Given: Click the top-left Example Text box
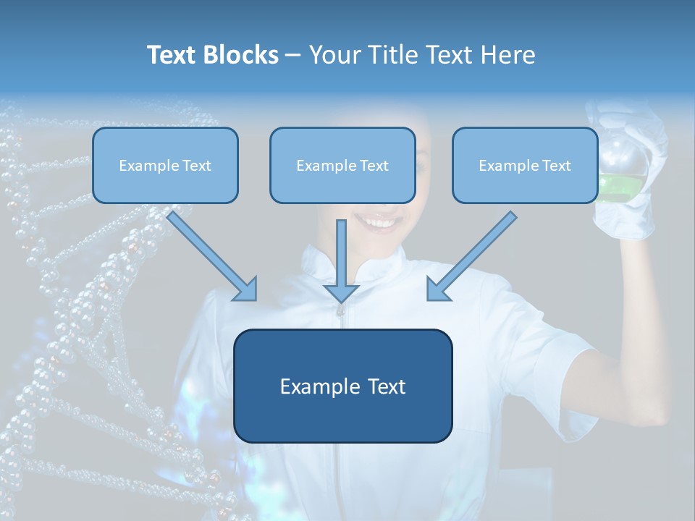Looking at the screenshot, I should tap(165, 165).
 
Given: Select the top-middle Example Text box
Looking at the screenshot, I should tap(342, 165).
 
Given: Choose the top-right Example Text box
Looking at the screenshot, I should tap(525, 165).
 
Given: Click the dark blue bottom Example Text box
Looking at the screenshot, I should tap(342, 386).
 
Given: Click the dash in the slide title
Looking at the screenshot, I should tap(293, 56).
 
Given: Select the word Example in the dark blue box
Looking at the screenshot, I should tap(313, 386).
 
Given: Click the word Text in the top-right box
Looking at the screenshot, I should tap(555, 166).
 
